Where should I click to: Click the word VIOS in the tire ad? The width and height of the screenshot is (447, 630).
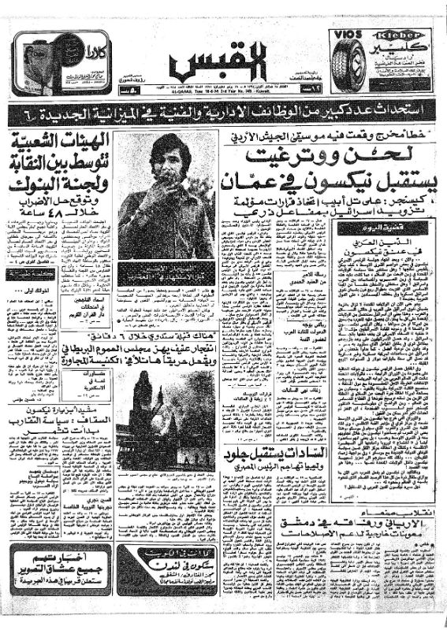point(346,37)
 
